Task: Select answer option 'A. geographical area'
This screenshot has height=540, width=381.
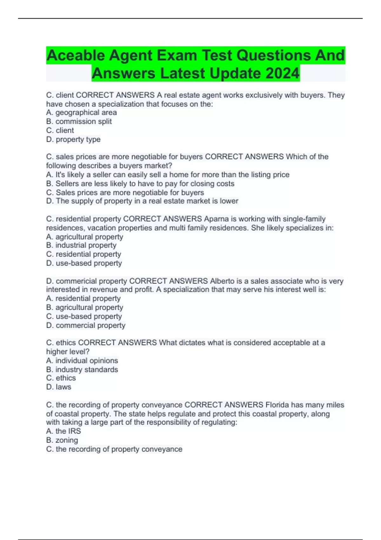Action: coord(81,112)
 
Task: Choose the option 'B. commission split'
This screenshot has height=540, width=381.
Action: coord(79,121)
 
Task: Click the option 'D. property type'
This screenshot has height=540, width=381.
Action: coord(73,139)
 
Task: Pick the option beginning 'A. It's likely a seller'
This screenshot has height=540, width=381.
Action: coord(168,174)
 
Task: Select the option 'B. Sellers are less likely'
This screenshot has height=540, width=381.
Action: coord(140,183)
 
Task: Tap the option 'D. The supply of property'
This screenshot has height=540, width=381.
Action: coord(142,201)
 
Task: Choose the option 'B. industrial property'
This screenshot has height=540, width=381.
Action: coord(81,245)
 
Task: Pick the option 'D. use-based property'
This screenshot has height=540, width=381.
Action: coord(84,263)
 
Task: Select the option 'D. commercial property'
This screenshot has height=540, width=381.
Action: coord(86,325)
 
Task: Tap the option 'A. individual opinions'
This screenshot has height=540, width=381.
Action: coord(82,361)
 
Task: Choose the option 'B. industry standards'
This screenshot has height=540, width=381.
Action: coord(82,369)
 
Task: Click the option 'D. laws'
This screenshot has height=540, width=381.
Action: coord(59,387)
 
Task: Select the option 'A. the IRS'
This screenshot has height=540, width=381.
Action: coord(63,431)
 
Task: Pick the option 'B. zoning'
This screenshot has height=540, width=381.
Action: coord(62,440)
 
